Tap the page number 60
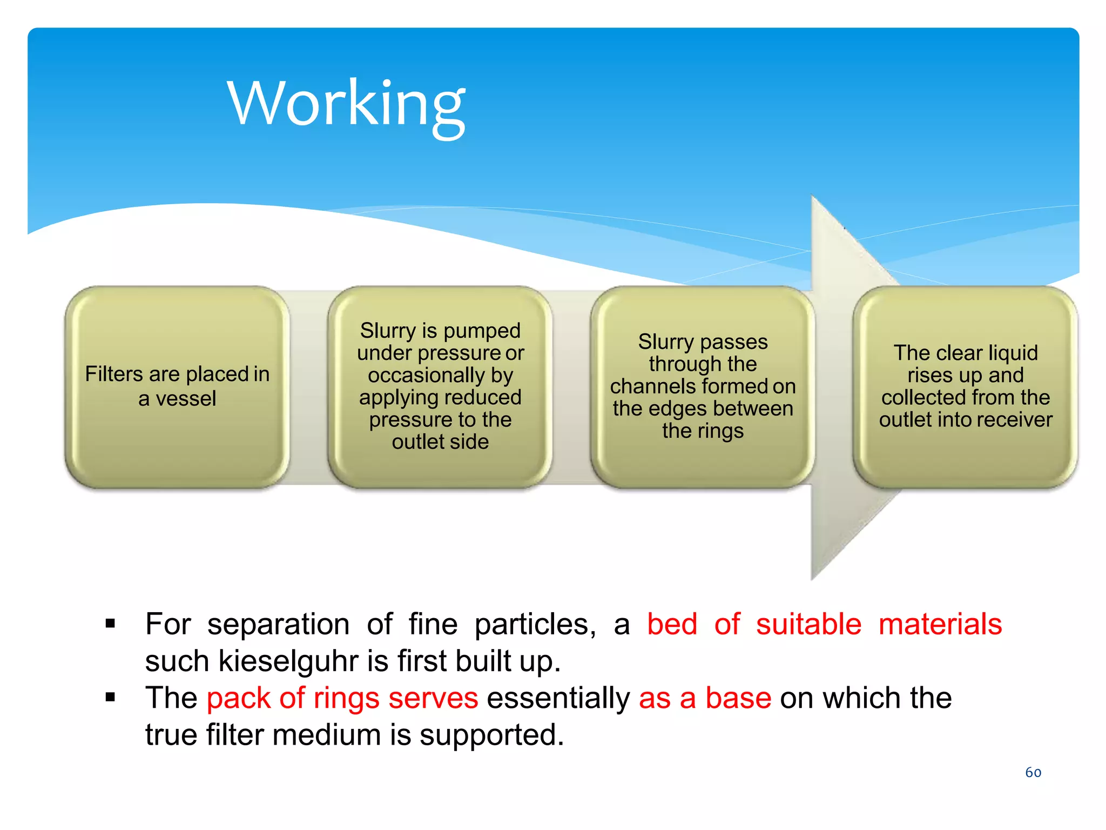(1033, 772)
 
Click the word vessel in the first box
(186, 399)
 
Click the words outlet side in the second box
(440, 442)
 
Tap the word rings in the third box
(718, 431)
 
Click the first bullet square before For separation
(111, 624)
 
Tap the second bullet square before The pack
(111, 697)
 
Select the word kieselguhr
(288, 661)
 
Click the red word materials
(940, 624)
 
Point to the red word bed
(672, 624)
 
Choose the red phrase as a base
(705, 698)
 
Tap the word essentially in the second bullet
(558, 698)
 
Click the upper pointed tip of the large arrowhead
(813, 198)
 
